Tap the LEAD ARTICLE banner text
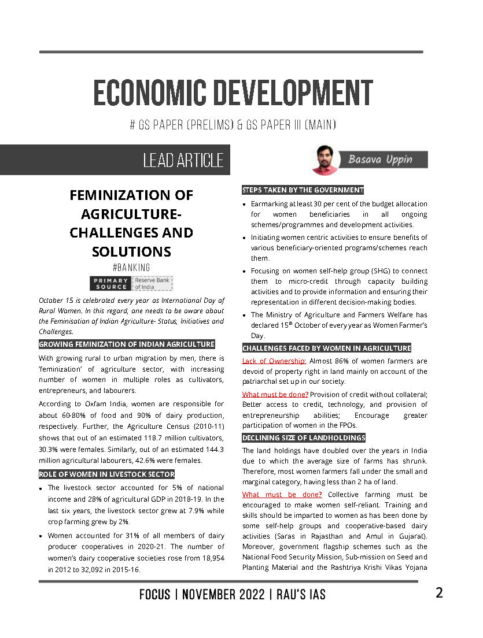(183, 160)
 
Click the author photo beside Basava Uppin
(325, 159)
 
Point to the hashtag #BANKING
(131, 268)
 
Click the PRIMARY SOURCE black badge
(110, 283)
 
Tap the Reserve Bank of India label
(153, 283)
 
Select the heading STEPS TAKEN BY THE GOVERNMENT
(303, 190)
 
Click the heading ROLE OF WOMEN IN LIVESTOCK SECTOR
(107, 474)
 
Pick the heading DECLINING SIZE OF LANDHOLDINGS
(304, 437)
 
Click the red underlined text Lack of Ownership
(274, 361)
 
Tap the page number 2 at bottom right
(439, 593)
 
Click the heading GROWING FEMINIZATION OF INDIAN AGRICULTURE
(127, 344)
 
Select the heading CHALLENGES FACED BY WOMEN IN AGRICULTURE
(327, 348)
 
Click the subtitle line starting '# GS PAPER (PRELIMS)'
(233, 125)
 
